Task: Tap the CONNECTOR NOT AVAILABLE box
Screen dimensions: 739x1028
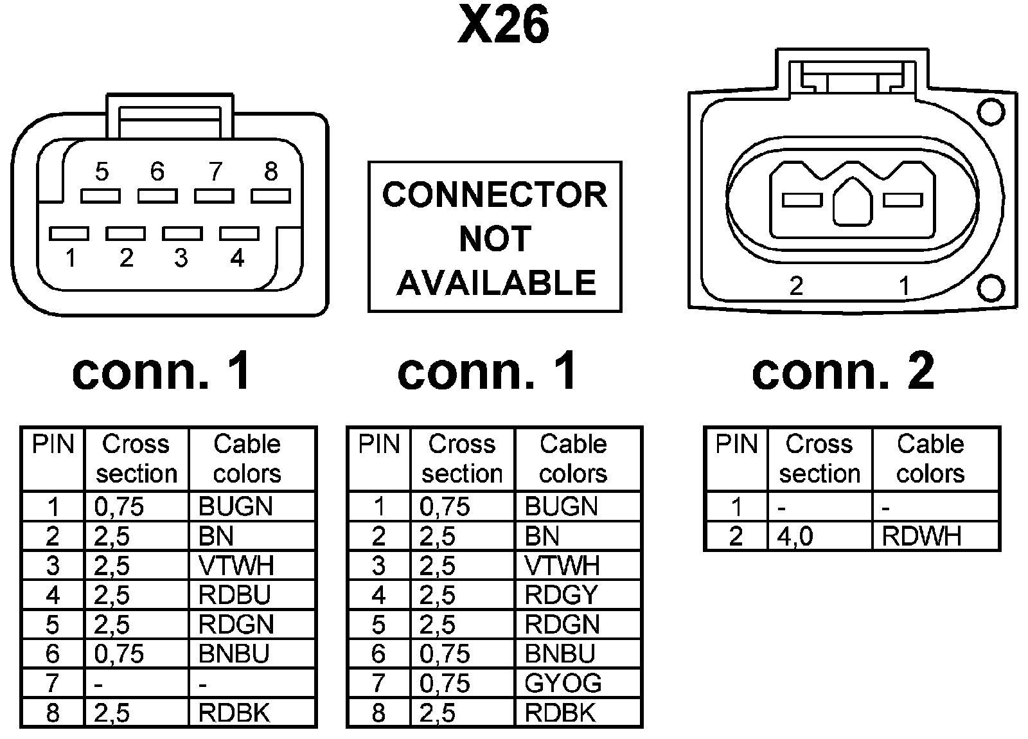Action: (x=495, y=237)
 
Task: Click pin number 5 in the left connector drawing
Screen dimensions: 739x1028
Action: (x=102, y=172)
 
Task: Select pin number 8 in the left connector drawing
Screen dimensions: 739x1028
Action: (x=270, y=172)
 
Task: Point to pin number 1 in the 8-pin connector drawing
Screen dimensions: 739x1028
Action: (x=71, y=258)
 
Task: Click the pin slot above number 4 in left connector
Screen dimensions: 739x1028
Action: (x=239, y=233)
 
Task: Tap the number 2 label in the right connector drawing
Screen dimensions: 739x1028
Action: (x=796, y=285)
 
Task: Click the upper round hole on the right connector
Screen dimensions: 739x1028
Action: (x=990, y=112)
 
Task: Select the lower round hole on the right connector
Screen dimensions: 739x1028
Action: (x=990, y=288)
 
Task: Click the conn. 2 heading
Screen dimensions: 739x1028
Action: (x=843, y=372)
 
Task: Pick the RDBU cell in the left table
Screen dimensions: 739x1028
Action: (x=235, y=595)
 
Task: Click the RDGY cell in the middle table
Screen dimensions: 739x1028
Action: (x=561, y=595)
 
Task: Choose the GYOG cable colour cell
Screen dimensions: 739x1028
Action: (x=563, y=683)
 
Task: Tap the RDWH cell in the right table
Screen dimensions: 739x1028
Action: (x=921, y=536)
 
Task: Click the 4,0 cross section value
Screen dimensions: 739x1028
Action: (x=795, y=536)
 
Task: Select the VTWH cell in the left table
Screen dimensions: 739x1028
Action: (x=236, y=565)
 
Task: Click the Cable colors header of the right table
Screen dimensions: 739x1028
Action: (x=930, y=459)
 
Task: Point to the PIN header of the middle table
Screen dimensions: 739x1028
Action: (x=379, y=445)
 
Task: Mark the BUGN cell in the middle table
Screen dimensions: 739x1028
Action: (x=561, y=506)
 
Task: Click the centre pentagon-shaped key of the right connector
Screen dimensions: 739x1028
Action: (x=852, y=202)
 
